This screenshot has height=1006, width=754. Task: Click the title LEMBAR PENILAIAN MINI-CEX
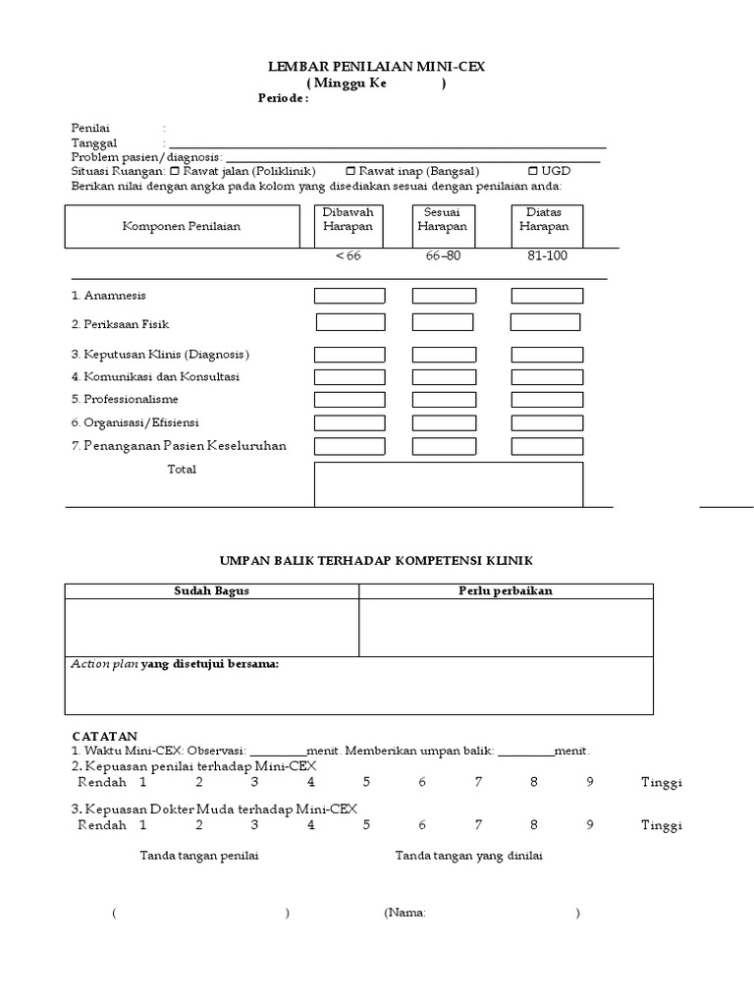377,67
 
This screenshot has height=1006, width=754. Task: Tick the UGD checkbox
534,171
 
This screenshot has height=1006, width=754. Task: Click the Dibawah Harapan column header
349,226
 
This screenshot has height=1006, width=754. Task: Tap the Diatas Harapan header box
547,226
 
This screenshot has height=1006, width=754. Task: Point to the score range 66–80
443,255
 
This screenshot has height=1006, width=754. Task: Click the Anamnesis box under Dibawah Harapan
349,296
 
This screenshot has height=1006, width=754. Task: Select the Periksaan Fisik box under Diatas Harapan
545,322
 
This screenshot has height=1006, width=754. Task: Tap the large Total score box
449,484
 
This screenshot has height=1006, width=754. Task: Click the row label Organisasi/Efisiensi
135,422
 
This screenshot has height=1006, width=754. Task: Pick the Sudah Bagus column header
211,590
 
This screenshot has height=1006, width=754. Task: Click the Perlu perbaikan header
506,590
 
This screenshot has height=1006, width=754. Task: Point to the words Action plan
104,664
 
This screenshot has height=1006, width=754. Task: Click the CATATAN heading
105,736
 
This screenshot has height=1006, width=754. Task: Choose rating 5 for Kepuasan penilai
366,783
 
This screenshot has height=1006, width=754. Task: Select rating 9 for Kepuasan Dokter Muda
590,825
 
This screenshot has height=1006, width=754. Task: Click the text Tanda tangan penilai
199,856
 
